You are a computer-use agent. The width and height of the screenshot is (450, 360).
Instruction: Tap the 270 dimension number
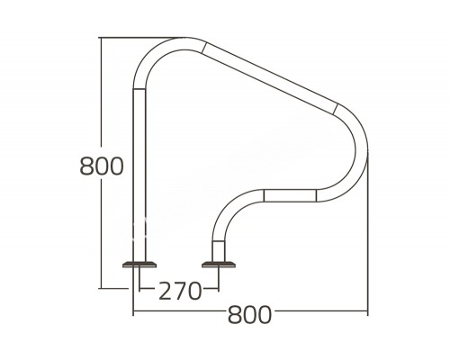click(x=178, y=290)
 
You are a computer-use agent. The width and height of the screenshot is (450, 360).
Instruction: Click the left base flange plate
click(x=139, y=264)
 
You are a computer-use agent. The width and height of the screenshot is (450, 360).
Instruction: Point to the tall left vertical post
click(x=139, y=171)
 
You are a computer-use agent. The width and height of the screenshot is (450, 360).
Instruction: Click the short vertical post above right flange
click(x=217, y=245)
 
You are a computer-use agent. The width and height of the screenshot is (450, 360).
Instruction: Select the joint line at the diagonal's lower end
click(x=336, y=109)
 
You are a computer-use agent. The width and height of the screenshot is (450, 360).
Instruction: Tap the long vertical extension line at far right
click(x=367, y=243)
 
